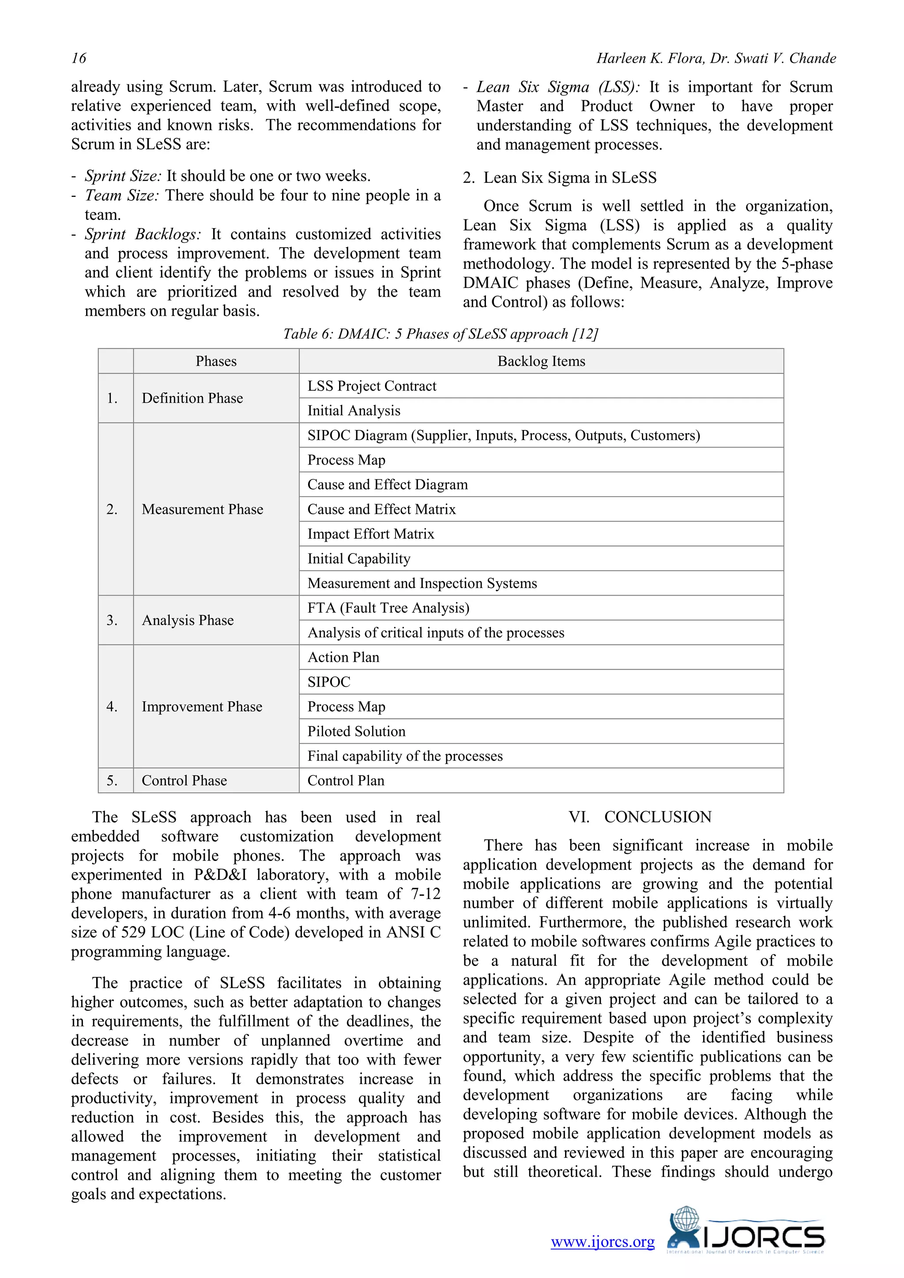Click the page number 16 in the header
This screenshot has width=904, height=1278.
(x=79, y=58)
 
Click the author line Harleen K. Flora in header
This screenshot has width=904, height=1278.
(x=716, y=58)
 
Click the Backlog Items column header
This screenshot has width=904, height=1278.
(x=541, y=361)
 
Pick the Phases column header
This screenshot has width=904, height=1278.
(x=216, y=361)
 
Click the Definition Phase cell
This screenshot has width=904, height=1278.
(x=192, y=398)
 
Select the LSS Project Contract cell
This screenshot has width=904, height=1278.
(x=372, y=386)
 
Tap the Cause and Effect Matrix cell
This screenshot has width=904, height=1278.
(x=381, y=509)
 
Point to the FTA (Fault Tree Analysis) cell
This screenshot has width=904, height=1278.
(x=388, y=608)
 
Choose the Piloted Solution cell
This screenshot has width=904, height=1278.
(x=356, y=731)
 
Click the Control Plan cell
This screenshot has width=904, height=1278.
(x=346, y=780)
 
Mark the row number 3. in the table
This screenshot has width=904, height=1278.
(x=112, y=620)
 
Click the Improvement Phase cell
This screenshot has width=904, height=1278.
(x=202, y=706)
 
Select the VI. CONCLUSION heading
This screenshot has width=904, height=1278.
(x=640, y=817)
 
